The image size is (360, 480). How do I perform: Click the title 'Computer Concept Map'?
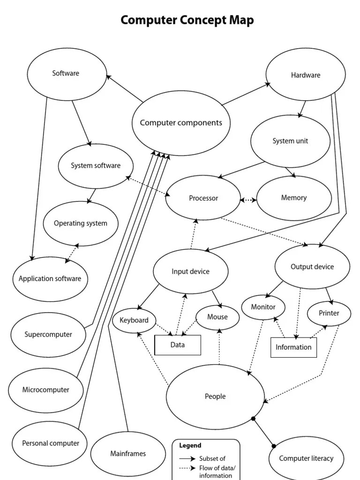click(x=187, y=20)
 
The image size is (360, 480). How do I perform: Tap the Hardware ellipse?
click(x=306, y=75)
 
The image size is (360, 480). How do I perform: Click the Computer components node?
click(x=181, y=123)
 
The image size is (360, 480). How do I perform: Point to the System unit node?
click(x=291, y=141)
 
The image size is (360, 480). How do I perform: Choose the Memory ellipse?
click(x=294, y=198)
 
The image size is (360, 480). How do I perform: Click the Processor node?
click(x=203, y=198)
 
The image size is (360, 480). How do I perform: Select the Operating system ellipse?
click(x=81, y=224)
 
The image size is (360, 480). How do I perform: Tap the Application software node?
click(x=50, y=279)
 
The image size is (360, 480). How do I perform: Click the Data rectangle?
click(x=178, y=345)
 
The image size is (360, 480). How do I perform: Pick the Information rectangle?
click(x=293, y=347)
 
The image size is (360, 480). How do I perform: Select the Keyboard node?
click(x=134, y=321)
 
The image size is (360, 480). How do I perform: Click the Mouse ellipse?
click(x=217, y=317)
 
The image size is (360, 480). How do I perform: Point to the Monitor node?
click(x=263, y=307)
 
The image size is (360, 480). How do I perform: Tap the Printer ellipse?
click(x=329, y=313)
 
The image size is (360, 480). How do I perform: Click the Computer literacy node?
click(x=306, y=458)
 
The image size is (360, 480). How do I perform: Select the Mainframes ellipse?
click(x=128, y=454)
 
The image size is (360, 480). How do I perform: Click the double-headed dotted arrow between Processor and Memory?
click(x=248, y=200)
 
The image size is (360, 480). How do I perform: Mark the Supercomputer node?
click(x=48, y=335)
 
